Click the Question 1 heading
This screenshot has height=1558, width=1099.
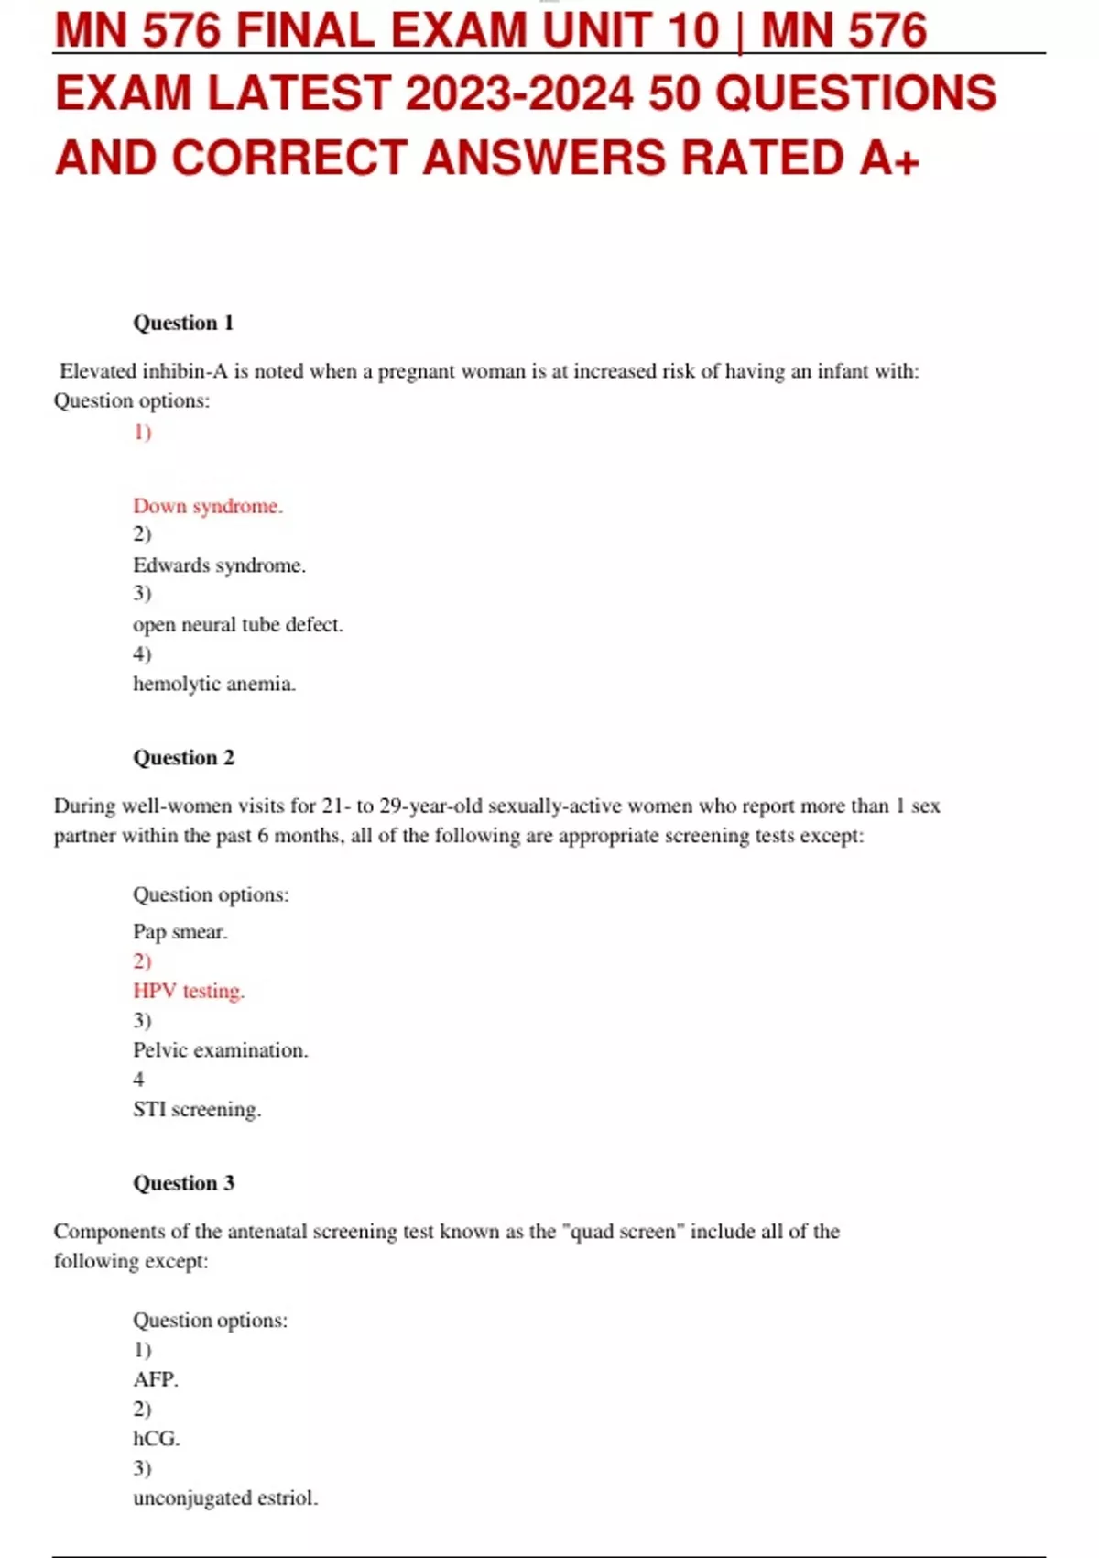point(183,323)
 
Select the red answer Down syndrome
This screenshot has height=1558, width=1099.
point(208,506)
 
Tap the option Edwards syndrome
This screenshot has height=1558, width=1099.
point(219,565)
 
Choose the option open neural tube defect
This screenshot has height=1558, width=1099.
point(237,625)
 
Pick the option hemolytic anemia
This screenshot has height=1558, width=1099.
point(214,684)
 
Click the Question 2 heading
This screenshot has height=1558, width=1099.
point(183,757)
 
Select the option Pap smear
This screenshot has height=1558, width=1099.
point(180,932)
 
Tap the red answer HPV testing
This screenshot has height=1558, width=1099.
point(189,991)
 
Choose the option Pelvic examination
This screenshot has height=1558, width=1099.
point(220,1050)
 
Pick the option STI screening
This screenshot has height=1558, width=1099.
point(197,1109)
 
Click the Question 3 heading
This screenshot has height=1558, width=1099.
point(183,1183)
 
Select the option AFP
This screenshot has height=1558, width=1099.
point(156,1379)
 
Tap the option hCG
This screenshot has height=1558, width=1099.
point(157,1439)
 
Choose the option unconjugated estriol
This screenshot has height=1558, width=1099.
point(225,1498)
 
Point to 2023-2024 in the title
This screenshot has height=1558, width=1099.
point(519,93)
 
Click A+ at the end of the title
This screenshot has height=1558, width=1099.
point(889,158)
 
